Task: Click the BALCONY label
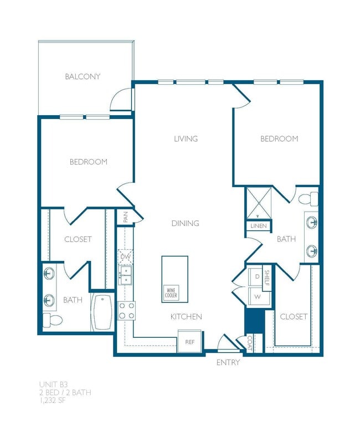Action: click(x=83, y=76)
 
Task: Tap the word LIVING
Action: click(x=186, y=138)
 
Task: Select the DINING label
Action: click(x=185, y=223)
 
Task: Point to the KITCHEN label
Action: click(x=186, y=316)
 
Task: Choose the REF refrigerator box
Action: click(x=189, y=342)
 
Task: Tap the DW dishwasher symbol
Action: click(x=125, y=257)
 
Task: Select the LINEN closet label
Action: click(x=258, y=226)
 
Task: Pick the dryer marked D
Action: click(x=257, y=275)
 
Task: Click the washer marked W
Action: click(x=257, y=296)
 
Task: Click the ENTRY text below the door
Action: click(x=228, y=363)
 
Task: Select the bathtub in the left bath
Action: click(x=103, y=312)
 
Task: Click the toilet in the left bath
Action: click(x=52, y=320)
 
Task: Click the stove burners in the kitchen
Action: click(x=126, y=310)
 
